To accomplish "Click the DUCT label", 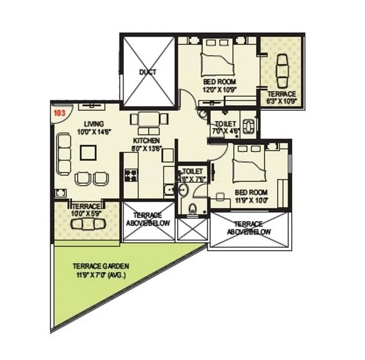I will click(147, 72).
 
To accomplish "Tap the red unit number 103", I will click(59, 112).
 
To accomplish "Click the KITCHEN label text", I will click(146, 140).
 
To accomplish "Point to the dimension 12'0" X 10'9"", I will click(219, 90).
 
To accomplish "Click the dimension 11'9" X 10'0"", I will click(251, 200).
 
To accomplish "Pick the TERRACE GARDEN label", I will click(101, 265).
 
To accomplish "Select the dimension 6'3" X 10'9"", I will click(282, 101).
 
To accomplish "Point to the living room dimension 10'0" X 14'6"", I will click(94, 131).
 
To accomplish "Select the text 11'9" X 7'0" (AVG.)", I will click(101, 275).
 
